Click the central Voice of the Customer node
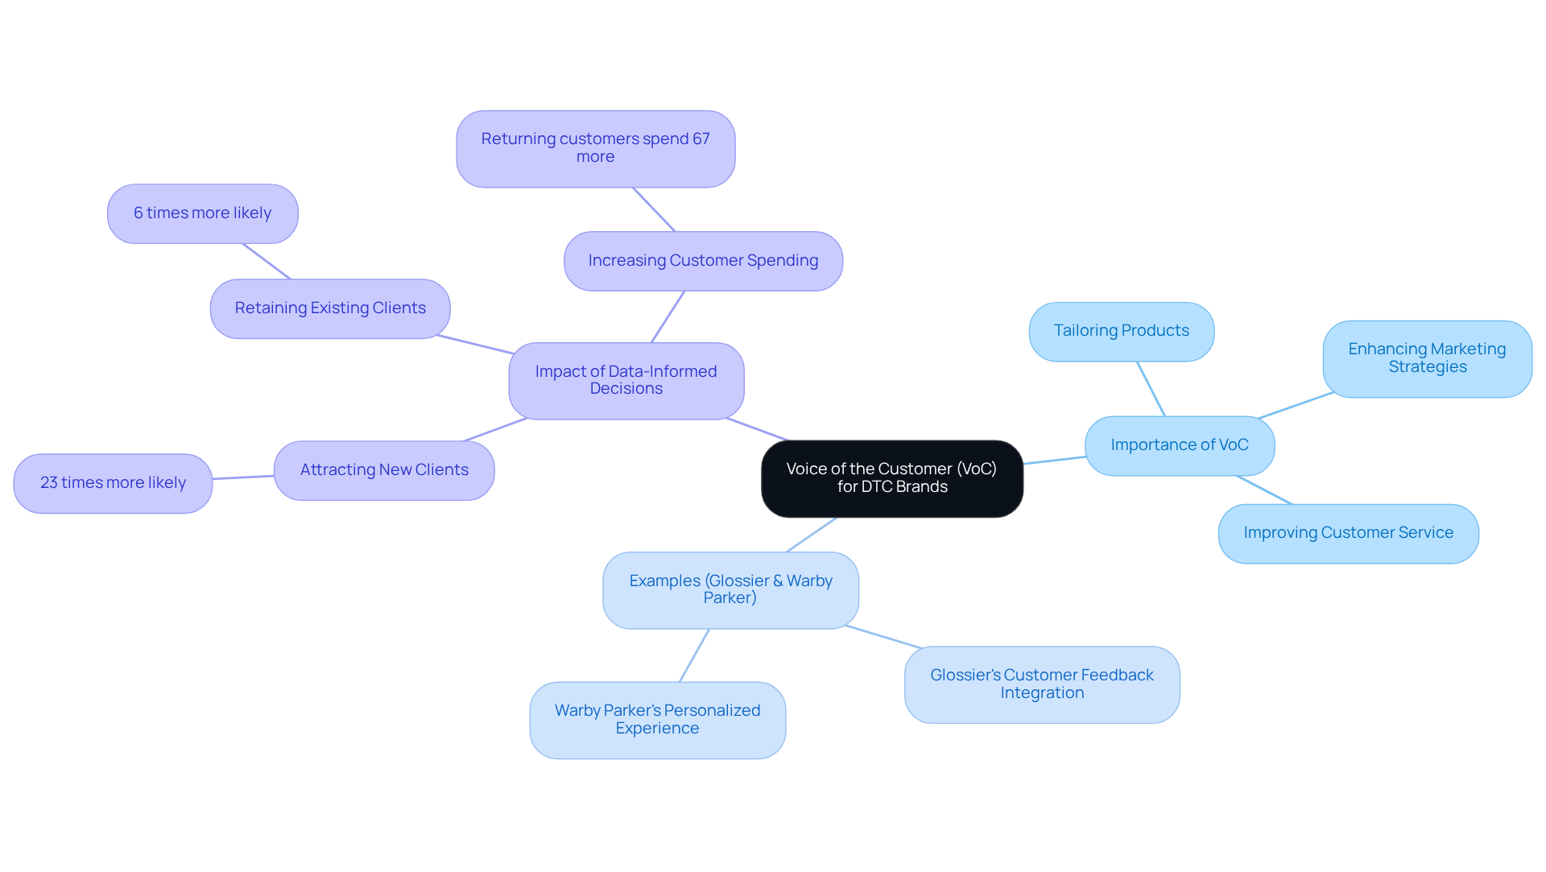(891, 478)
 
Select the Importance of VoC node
(1179, 445)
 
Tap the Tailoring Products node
(1121, 331)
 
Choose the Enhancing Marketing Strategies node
(1427, 358)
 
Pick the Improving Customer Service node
(1348, 533)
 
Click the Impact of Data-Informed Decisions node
(626, 380)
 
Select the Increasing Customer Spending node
(703, 261)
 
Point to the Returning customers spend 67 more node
(595, 148)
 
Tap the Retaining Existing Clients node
(330, 308)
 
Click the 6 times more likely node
(202, 213)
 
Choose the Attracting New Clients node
(384, 470)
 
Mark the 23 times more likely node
(113, 483)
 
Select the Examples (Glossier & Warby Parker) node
(730, 589)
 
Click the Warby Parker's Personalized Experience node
(657, 720)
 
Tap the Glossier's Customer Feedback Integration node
(1042, 684)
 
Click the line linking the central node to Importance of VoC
(1054, 460)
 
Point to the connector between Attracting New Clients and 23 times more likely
(243, 477)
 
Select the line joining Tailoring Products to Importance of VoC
(1151, 388)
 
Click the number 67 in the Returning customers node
(701, 139)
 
